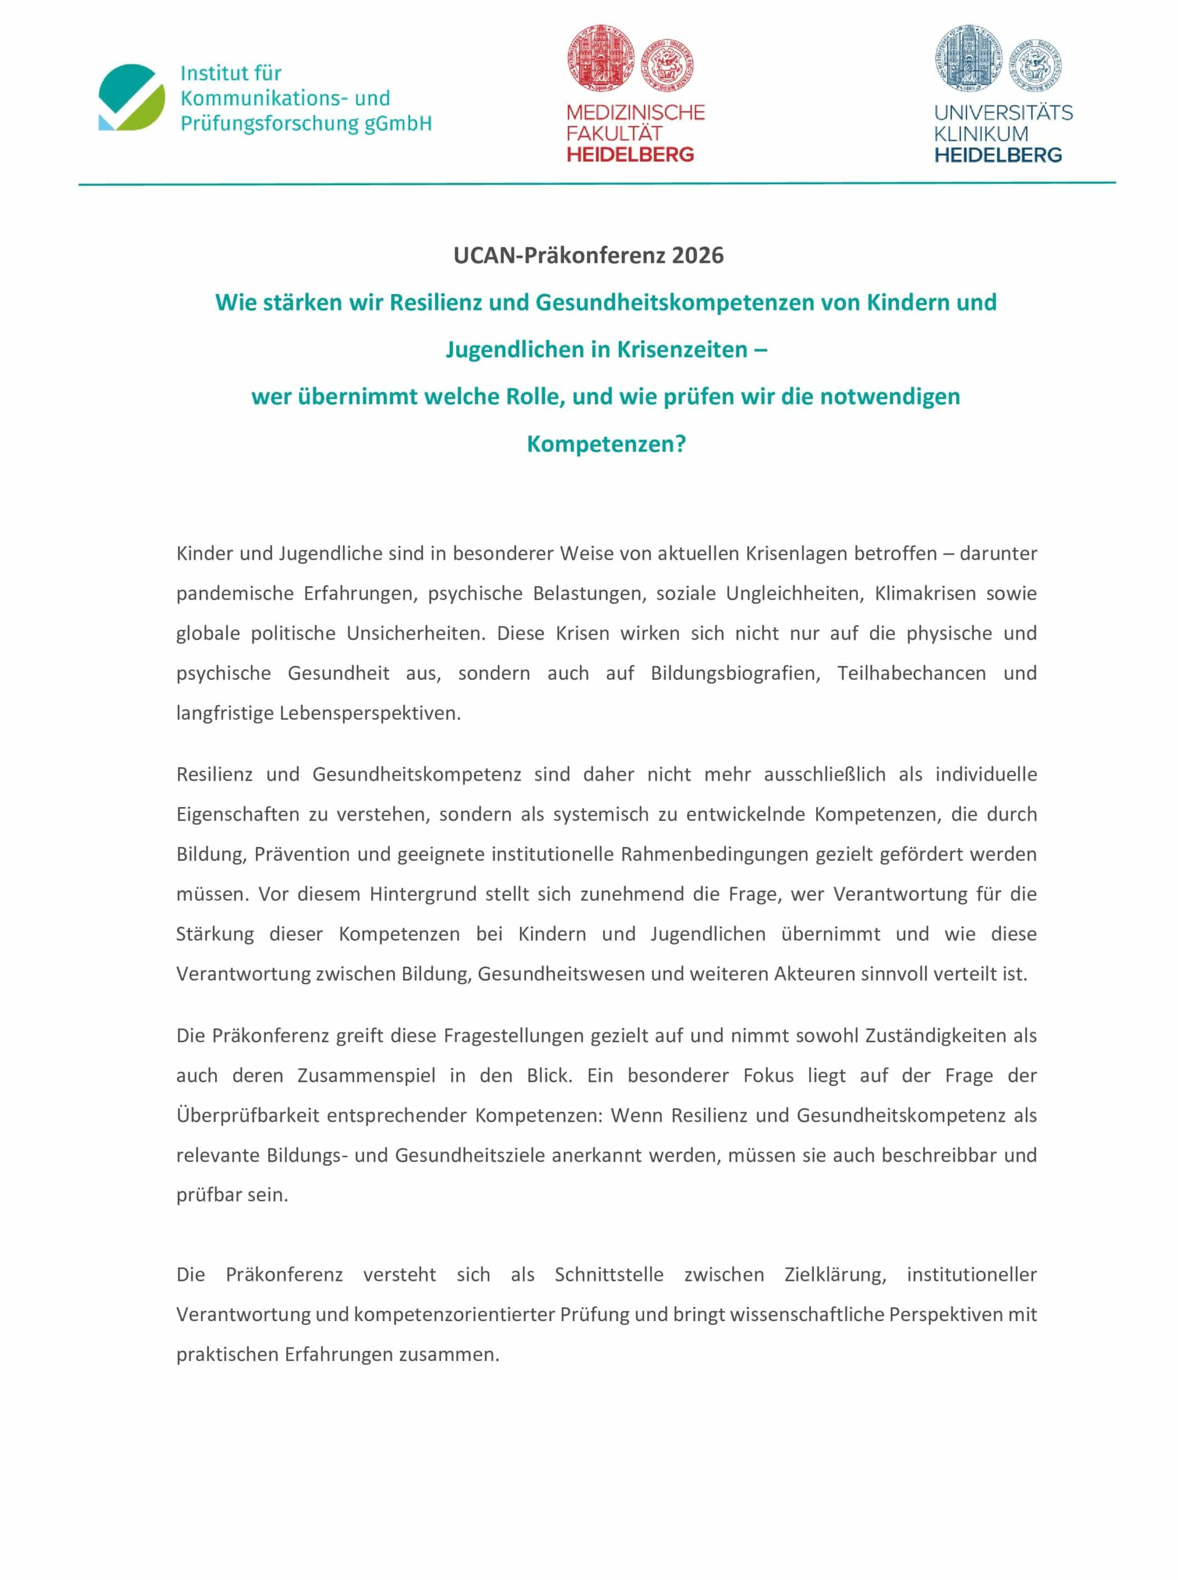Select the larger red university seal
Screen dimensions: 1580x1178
click(601, 59)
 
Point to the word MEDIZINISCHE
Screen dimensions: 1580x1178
click(636, 112)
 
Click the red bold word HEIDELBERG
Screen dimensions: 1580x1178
click(630, 155)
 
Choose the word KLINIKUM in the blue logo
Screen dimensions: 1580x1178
click(981, 133)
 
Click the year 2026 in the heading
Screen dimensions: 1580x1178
click(698, 255)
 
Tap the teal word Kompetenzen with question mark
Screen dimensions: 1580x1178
click(606, 444)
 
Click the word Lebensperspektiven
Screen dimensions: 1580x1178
click(370, 713)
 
